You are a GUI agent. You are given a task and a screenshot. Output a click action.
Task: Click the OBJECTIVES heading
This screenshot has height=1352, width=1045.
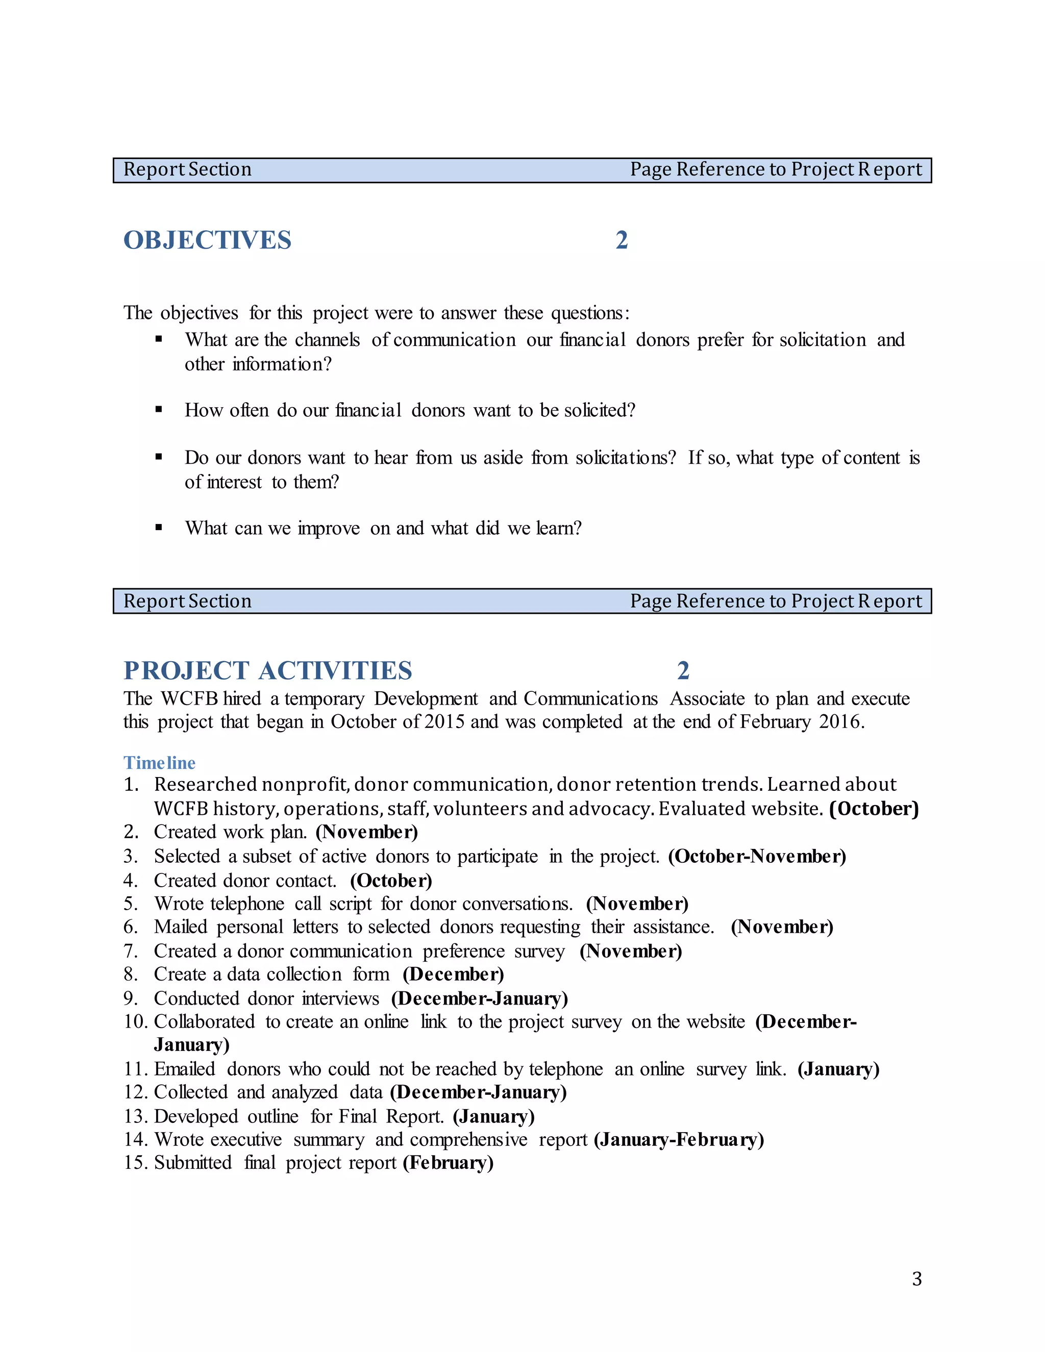207,240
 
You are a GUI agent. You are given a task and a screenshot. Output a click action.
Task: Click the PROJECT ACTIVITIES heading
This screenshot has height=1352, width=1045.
267,670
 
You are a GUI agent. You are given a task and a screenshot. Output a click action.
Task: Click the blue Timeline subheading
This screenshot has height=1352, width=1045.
159,763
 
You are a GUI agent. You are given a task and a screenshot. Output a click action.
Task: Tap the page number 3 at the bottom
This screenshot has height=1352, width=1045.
917,1279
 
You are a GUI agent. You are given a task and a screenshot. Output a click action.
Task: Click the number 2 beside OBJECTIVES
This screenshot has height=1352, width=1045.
621,240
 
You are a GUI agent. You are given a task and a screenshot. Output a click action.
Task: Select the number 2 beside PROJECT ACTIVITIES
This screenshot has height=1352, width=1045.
683,670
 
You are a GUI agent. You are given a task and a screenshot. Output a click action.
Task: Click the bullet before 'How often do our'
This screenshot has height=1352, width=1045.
159,409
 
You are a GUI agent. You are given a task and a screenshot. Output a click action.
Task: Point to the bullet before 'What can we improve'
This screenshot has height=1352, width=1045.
159,528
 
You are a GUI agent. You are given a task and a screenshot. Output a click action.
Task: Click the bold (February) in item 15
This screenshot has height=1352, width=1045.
448,1163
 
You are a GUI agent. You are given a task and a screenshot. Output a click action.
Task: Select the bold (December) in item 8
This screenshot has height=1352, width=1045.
453,974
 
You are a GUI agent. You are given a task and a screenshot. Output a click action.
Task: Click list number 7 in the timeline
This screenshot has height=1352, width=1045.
130,951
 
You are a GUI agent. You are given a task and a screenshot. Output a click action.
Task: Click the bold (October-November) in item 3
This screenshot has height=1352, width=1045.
757,856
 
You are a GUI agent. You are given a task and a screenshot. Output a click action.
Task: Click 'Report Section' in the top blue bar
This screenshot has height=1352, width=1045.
188,169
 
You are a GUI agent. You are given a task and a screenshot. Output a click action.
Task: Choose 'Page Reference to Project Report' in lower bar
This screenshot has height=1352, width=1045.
776,601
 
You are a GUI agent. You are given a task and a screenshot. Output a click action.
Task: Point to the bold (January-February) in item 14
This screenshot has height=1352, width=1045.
679,1140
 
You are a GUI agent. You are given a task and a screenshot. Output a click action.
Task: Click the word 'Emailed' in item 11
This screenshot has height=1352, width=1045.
185,1069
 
